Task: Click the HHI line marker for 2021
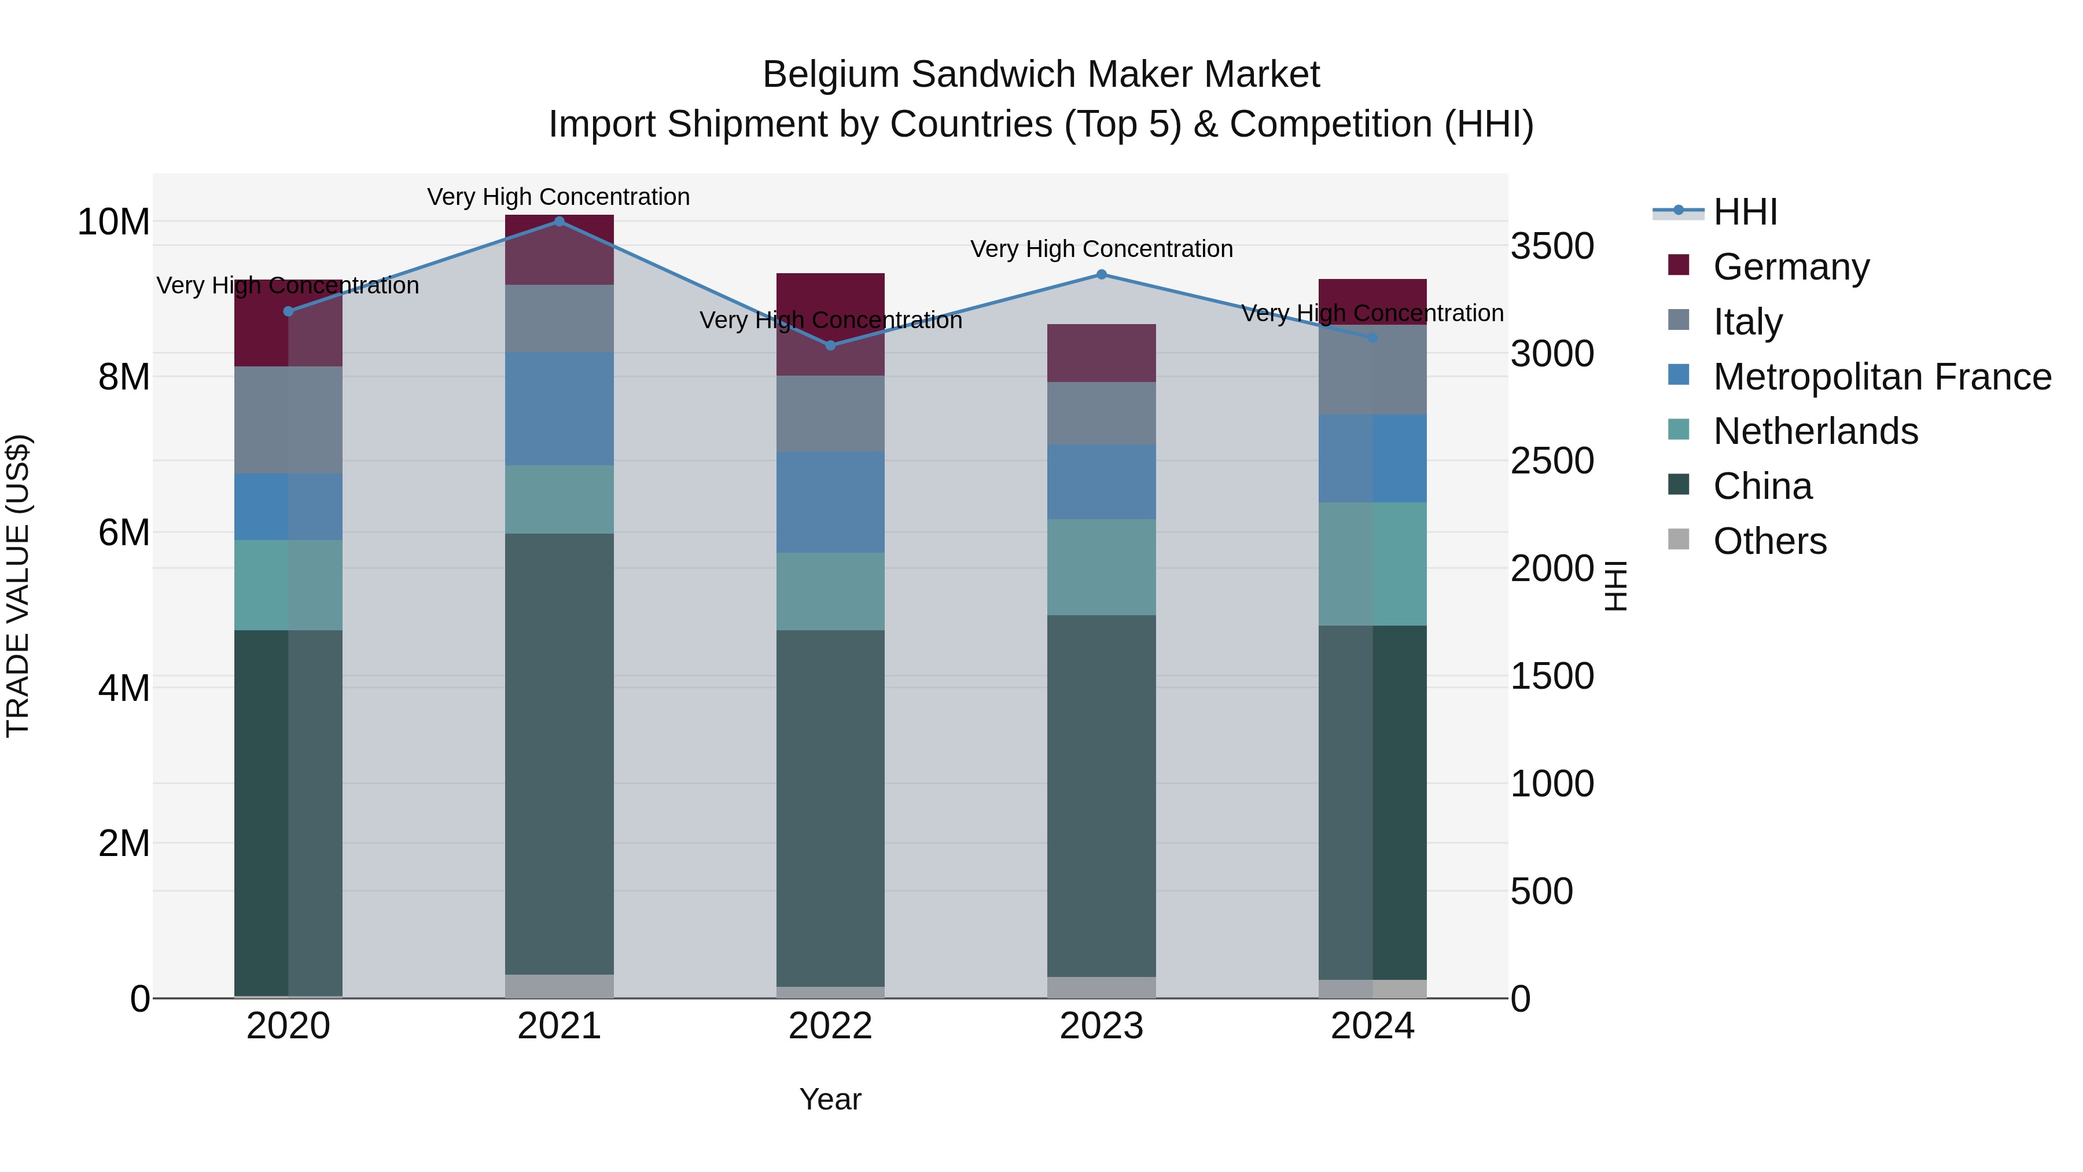[x=560, y=221]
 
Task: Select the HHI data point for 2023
[x=1101, y=274]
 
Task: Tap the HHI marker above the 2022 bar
[x=830, y=346]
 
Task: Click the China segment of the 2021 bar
[x=560, y=752]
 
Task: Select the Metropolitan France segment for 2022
[x=830, y=501]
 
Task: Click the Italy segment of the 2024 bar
[x=1372, y=370]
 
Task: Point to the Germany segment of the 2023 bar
[x=1101, y=352]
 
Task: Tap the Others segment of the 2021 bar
[x=560, y=986]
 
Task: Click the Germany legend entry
[x=1790, y=267]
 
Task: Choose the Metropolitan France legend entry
[x=1881, y=377]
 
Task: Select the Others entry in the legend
[x=1769, y=541]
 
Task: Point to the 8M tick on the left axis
[x=124, y=377]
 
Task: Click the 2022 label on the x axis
[x=830, y=1026]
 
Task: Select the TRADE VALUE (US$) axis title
[x=18, y=586]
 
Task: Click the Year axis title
[x=830, y=1099]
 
